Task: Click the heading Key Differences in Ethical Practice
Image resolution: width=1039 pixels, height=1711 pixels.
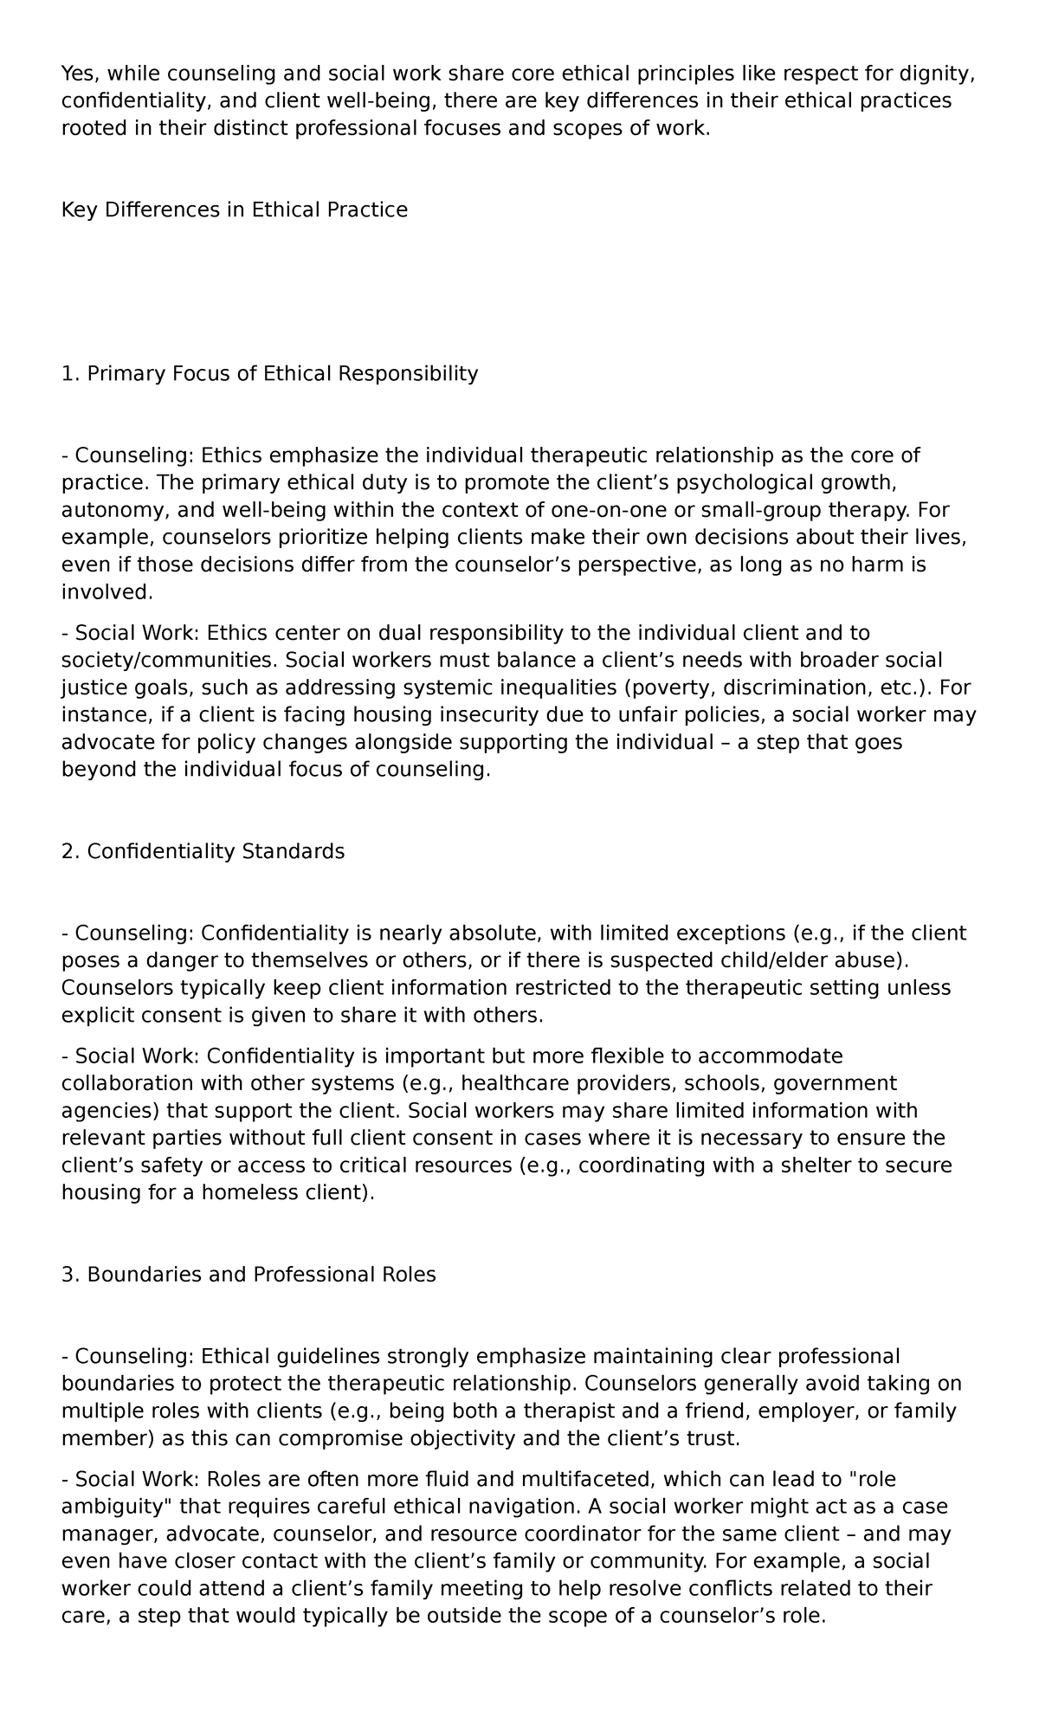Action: point(234,210)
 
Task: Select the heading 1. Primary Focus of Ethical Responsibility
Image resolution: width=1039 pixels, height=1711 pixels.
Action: point(269,373)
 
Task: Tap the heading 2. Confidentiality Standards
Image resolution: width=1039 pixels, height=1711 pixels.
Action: point(203,851)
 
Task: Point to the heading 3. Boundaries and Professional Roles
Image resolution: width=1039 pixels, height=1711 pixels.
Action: point(248,1275)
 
